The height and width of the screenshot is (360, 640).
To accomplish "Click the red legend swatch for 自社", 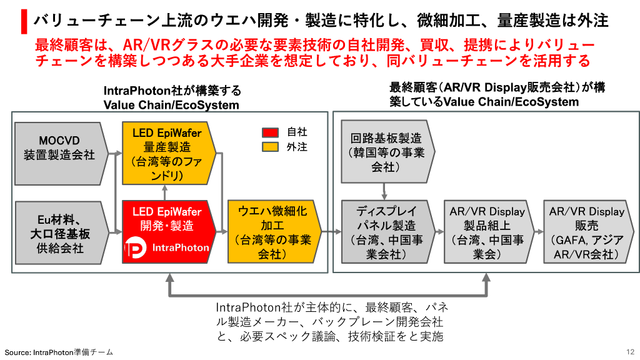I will pos(269,132).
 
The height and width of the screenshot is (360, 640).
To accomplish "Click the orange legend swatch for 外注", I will pos(269,147).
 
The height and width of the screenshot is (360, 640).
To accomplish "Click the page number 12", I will pos(629,352).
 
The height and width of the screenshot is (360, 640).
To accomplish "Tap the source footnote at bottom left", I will pos(59,352).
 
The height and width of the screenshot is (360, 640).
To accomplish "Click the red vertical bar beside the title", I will pos(24,21).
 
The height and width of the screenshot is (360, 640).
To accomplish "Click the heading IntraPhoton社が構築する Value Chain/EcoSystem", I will pos(172,98).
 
